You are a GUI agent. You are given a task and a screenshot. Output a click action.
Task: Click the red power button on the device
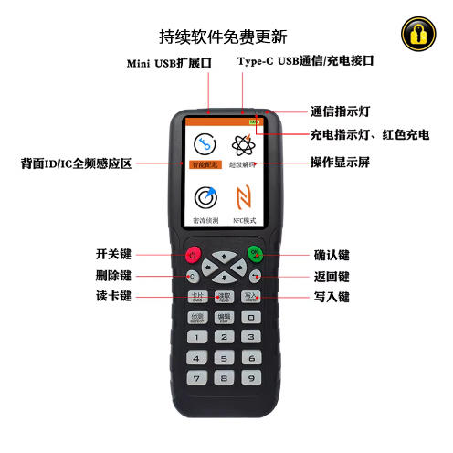tap(194, 255)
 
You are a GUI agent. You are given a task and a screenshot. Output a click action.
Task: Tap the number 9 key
tap(249, 377)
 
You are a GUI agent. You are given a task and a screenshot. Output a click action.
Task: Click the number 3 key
tap(249, 337)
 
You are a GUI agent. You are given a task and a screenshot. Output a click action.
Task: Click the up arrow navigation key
tap(224, 248)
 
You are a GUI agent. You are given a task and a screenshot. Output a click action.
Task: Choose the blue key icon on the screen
tap(204, 144)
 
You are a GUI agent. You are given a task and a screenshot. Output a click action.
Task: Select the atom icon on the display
tap(243, 144)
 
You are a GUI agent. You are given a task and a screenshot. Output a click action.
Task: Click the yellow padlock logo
tap(417, 36)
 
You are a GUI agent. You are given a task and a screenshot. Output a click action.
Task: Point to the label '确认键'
tap(332, 256)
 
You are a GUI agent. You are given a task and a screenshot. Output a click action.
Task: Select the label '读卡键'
tap(114, 297)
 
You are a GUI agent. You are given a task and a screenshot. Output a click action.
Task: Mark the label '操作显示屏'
tap(341, 163)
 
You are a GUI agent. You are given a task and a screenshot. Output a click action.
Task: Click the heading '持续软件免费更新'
tap(224, 37)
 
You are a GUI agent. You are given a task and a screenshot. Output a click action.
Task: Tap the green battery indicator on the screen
tap(249, 121)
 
